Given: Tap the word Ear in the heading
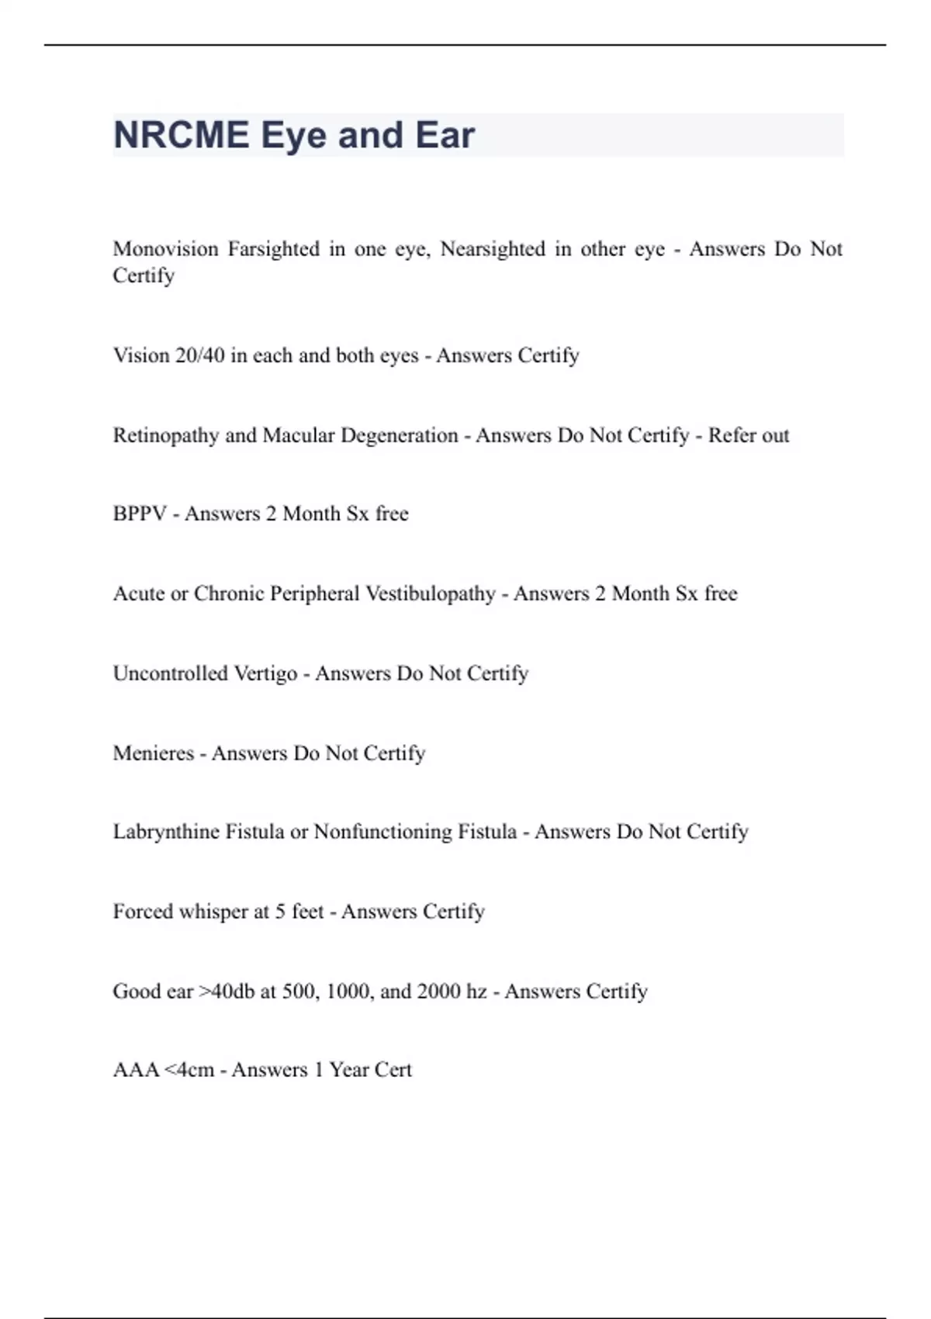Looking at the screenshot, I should [445, 135].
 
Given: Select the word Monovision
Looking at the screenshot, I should [165, 249].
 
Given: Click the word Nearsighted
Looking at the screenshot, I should [493, 249].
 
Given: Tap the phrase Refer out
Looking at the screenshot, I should [748, 435].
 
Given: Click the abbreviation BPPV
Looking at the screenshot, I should [140, 514].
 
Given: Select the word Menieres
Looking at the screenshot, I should [153, 753].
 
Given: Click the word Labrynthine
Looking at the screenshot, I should [166, 832].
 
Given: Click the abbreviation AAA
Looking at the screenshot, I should [136, 1070].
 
